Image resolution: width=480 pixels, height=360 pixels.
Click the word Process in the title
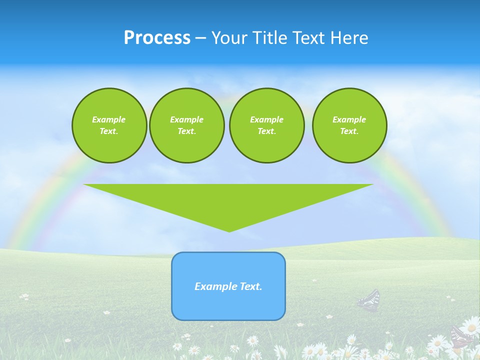click(157, 38)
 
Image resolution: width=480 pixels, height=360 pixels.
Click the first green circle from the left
click(109, 125)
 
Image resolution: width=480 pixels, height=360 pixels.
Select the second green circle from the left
click(186, 125)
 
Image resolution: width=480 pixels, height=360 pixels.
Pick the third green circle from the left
click(266, 125)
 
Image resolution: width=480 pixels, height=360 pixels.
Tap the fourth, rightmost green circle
click(349, 125)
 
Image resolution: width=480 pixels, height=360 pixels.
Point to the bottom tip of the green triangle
click(229, 231)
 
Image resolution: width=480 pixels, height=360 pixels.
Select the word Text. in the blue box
click(250, 286)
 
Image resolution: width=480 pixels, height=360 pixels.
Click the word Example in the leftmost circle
click(109, 119)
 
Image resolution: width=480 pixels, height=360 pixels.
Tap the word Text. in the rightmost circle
click(349, 131)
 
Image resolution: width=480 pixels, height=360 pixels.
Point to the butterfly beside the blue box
click(369, 300)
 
